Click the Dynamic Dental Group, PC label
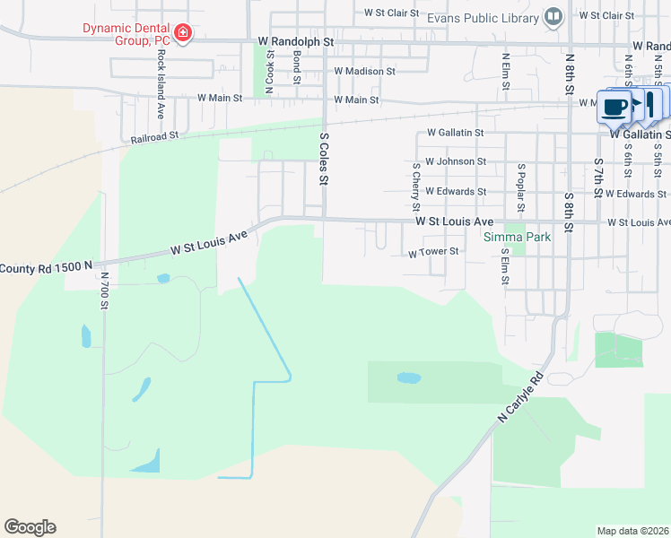coord(126,34)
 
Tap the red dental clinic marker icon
coord(183,33)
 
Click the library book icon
coord(554,16)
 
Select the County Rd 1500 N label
coord(47,267)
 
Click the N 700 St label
coord(105,291)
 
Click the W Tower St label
coord(433,253)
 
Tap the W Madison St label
coord(364,71)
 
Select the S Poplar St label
coord(520,183)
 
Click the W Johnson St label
coord(456,162)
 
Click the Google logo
coord(30,527)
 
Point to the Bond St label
coord(297,66)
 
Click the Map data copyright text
coord(632,531)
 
